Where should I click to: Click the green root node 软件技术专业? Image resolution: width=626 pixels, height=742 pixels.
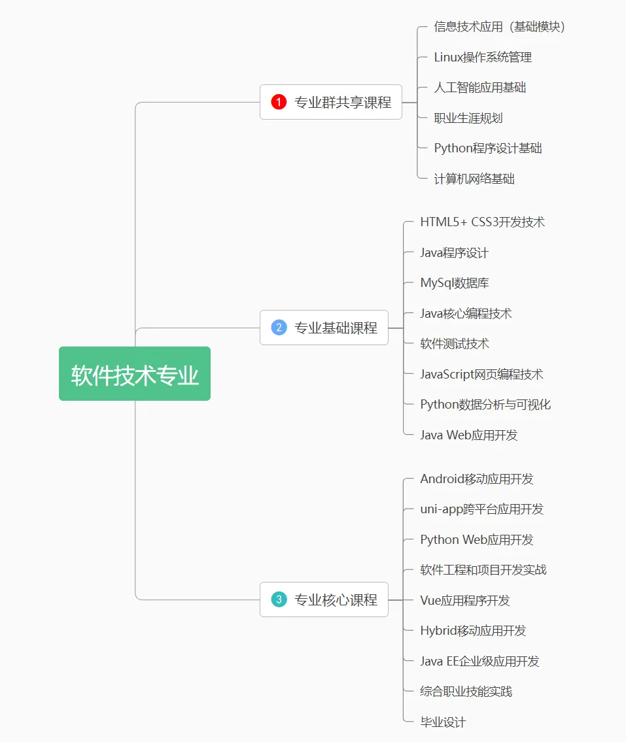[x=135, y=374]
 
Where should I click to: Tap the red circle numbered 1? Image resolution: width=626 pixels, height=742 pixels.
[x=279, y=102]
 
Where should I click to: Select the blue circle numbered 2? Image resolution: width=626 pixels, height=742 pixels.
[x=279, y=328]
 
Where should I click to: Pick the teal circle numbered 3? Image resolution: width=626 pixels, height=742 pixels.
[x=279, y=599]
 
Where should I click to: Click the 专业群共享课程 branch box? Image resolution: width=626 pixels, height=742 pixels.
[x=331, y=102]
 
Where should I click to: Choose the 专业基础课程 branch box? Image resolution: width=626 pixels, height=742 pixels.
[x=324, y=328]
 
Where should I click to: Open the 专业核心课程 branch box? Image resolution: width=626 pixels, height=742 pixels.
[x=324, y=599]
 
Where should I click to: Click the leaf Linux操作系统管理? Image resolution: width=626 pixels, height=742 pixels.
[x=483, y=58]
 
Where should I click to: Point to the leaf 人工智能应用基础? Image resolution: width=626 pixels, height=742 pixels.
[x=480, y=88]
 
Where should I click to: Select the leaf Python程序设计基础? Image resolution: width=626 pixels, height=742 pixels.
[x=488, y=148]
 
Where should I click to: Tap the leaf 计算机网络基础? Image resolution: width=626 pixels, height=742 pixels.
[x=474, y=178]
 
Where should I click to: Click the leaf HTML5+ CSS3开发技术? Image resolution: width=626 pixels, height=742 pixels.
[x=482, y=222]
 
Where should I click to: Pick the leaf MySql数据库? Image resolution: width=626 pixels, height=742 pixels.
[x=455, y=283]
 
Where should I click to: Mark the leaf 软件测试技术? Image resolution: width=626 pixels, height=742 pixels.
[x=455, y=344]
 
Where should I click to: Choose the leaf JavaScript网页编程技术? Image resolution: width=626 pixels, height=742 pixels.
[x=481, y=375]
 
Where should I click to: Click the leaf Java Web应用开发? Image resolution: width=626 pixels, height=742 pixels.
[x=469, y=435]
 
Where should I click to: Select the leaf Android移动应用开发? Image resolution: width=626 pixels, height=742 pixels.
[x=477, y=479]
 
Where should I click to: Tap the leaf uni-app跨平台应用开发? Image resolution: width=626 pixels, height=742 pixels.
[x=481, y=509]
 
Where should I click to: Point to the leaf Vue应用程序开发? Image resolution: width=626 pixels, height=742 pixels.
[x=465, y=601]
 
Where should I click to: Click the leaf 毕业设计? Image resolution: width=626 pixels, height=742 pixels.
[x=443, y=722]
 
